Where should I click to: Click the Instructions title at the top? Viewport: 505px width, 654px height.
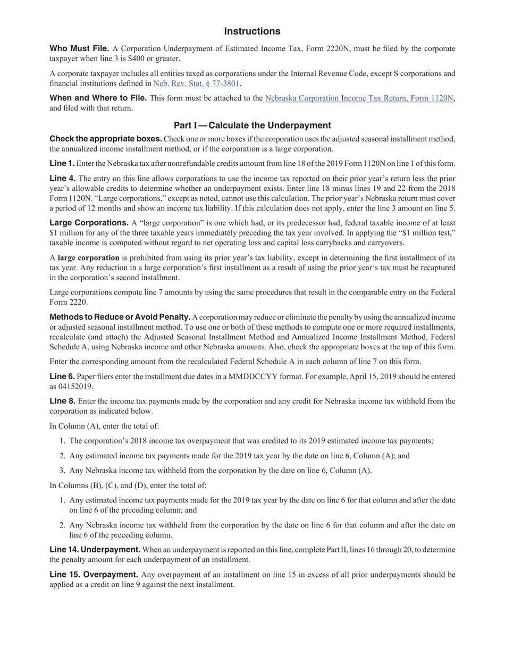click(252, 31)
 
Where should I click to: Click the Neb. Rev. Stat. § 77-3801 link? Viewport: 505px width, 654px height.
click(196, 83)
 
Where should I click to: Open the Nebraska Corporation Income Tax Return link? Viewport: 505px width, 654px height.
click(359, 98)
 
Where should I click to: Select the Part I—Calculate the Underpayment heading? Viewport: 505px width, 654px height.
click(252, 125)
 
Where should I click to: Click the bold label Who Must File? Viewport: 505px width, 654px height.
click(79, 49)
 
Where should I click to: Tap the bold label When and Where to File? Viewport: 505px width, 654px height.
click(98, 98)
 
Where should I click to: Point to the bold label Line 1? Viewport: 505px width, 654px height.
click(62, 164)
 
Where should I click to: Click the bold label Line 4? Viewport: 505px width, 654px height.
click(62, 179)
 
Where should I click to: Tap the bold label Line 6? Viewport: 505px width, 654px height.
click(62, 377)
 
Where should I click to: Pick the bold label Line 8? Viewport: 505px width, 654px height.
click(62, 401)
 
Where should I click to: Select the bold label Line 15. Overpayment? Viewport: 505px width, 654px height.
click(94, 575)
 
